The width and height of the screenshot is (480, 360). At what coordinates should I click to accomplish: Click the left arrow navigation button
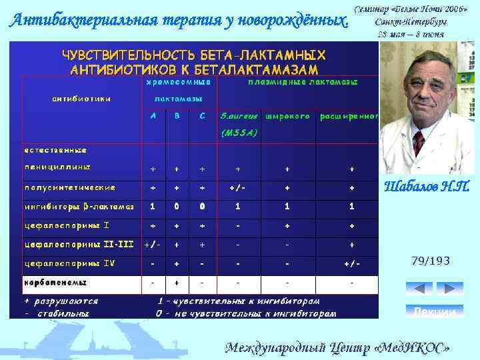click(419, 289)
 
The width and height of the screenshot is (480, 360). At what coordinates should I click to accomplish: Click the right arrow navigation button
click(449, 289)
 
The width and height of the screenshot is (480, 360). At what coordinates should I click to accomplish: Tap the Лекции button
click(434, 312)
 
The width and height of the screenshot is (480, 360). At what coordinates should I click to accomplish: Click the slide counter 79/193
click(431, 261)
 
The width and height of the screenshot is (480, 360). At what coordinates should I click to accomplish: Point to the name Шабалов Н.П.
click(427, 187)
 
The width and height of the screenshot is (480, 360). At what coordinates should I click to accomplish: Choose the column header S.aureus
click(239, 116)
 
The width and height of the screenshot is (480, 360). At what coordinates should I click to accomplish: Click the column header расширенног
click(349, 116)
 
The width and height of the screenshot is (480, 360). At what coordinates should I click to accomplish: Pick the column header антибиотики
click(81, 99)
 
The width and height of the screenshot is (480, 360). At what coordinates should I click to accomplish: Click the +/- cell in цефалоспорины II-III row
click(153, 245)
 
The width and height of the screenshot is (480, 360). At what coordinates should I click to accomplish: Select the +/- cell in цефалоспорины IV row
click(352, 264)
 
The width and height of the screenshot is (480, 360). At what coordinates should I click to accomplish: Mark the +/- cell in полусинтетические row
click(238, 188)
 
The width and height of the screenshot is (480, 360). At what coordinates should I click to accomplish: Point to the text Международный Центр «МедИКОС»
click(337, 347)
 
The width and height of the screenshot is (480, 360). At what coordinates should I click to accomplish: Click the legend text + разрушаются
click(61, 301)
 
